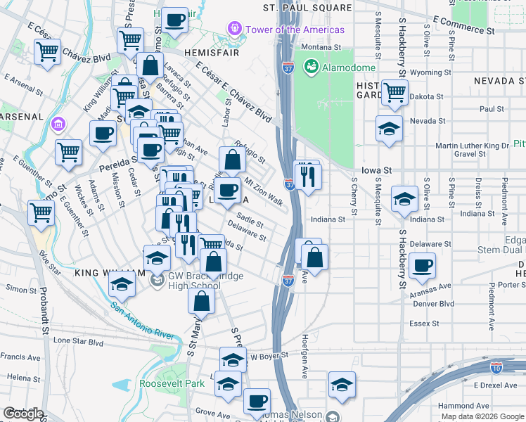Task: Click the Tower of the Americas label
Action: pyautogui.click(x=295, y=30)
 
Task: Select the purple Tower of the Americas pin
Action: pyautogui.click(x=234, y=29)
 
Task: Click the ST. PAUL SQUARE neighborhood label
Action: pyautogui.click(x=307, y=8)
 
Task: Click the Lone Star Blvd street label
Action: pyautogui.click(x=78, y=340)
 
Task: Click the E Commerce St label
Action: pyautogui.click(x=464, y=25)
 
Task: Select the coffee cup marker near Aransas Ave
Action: pyautogui.click(x=422, y=266)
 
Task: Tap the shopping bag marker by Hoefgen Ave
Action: pyautogui.click(x=316, y=258)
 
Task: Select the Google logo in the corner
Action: pyautogui.click(x=24, y=414)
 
